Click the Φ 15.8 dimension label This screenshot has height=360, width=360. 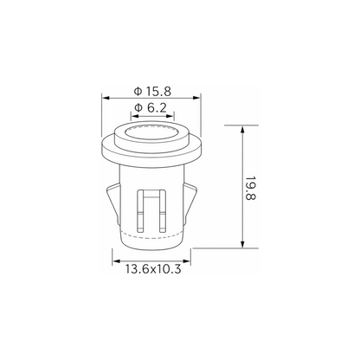[x=152, y=91]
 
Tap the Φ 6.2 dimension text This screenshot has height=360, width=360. [x=151, y=108]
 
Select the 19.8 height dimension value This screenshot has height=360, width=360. [x=250, y=188]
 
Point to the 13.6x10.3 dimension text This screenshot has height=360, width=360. [x=153, y=269]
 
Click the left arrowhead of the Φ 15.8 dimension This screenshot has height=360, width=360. [x=106, y=98]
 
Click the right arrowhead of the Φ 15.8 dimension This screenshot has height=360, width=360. [x=197, y=98]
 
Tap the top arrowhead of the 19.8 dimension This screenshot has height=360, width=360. [x=242, y=129]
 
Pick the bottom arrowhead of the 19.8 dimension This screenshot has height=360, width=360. [x=242, y=244]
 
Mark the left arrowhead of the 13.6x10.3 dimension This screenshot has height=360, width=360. [x=116, y=261]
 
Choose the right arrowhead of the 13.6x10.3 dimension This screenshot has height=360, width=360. [x=187, y=261]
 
